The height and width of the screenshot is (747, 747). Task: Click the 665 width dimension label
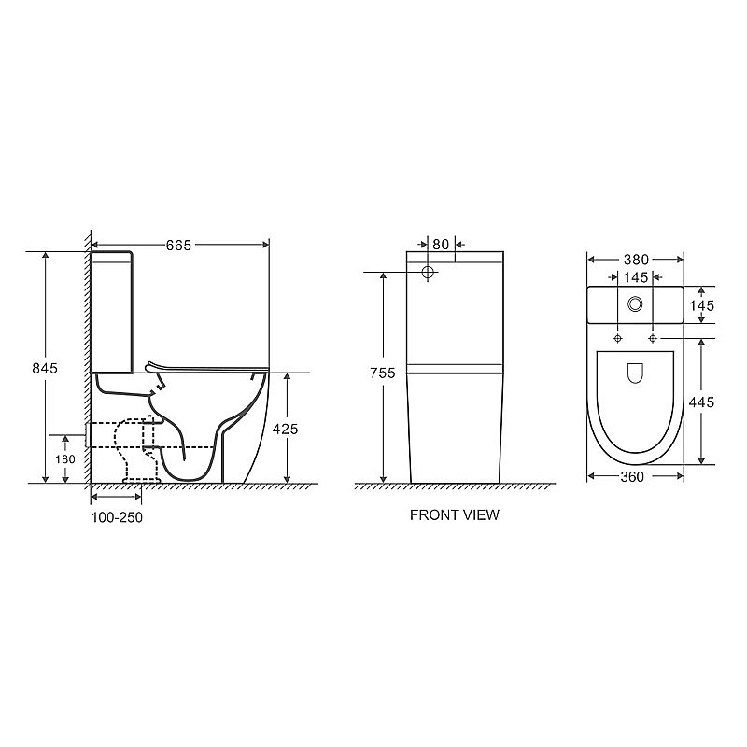pyautogui.click(x=178, y=245)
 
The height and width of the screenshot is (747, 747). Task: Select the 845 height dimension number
pyautogui.click(x=45, y=368)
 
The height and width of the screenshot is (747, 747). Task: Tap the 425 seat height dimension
pyautogui.click(x=285, y=429)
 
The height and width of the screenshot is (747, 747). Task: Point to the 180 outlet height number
pyautogui.click(x=65, y=459)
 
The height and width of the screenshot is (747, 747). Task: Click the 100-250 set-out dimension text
pyautogui.click(x=117, y=517)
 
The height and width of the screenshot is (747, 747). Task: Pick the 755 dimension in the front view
pyautogui.click(x=383, y=373)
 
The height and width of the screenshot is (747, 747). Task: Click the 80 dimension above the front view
pyautogui.click(x=441, y=244)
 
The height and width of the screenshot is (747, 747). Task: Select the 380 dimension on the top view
pyautogui.click(x=636, y=260)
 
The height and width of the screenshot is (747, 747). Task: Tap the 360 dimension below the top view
pyautogui.click(x=632, y=476)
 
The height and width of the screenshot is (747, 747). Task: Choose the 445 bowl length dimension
pyautogui.click(x=702, y=402)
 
